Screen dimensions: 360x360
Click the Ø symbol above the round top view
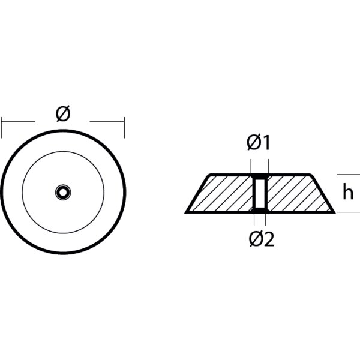point(63,113)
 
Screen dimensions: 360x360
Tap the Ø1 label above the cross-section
point(259,143)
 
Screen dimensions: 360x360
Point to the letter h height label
point(347,193)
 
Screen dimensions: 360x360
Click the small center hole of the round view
point(62,192)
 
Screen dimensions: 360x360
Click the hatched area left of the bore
point(225,193)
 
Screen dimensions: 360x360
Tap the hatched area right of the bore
point(294,193)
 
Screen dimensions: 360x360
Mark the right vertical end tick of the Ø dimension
point(124,127)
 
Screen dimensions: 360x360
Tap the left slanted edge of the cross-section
point(197,193)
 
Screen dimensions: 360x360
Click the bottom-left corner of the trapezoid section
point(185,212)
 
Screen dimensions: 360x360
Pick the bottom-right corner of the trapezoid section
point(335,212)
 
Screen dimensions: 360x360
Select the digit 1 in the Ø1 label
point(266,143)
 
